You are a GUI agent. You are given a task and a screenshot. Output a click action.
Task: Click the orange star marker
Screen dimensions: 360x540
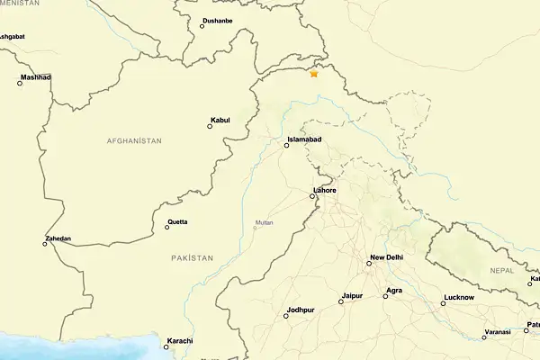point(314,74)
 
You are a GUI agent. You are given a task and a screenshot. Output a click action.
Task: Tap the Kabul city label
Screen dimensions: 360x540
point(220,120)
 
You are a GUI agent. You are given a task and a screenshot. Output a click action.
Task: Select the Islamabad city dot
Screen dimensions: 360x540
point(287,145)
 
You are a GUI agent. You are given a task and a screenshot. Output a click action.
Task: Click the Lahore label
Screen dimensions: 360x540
point(325,191)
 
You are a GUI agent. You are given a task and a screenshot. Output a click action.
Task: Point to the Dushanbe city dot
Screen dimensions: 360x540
point(202,26)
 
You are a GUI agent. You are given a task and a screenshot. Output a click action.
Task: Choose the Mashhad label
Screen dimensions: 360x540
point(37,77)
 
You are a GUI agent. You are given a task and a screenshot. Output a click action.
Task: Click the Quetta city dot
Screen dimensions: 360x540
point(166,227)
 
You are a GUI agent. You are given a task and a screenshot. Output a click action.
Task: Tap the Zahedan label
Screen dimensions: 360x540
point(58,238)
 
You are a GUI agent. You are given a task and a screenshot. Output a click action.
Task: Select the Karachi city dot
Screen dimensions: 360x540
point(166,347)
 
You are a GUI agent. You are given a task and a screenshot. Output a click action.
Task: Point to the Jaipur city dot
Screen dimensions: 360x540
point(340,301)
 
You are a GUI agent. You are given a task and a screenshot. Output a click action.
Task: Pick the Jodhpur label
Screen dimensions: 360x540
point(301,310)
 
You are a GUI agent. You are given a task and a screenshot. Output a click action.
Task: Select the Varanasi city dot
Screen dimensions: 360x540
point(484,337)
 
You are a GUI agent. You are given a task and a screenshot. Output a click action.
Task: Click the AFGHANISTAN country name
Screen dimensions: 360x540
point(134,141)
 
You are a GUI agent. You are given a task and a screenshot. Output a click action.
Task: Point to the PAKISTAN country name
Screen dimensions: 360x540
point(193,258)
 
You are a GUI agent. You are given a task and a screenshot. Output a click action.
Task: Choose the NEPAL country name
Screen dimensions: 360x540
point(502,270)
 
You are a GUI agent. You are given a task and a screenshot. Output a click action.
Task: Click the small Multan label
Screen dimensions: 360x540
point(264,222)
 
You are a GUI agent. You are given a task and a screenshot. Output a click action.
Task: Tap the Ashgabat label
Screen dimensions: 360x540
point(11,37)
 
